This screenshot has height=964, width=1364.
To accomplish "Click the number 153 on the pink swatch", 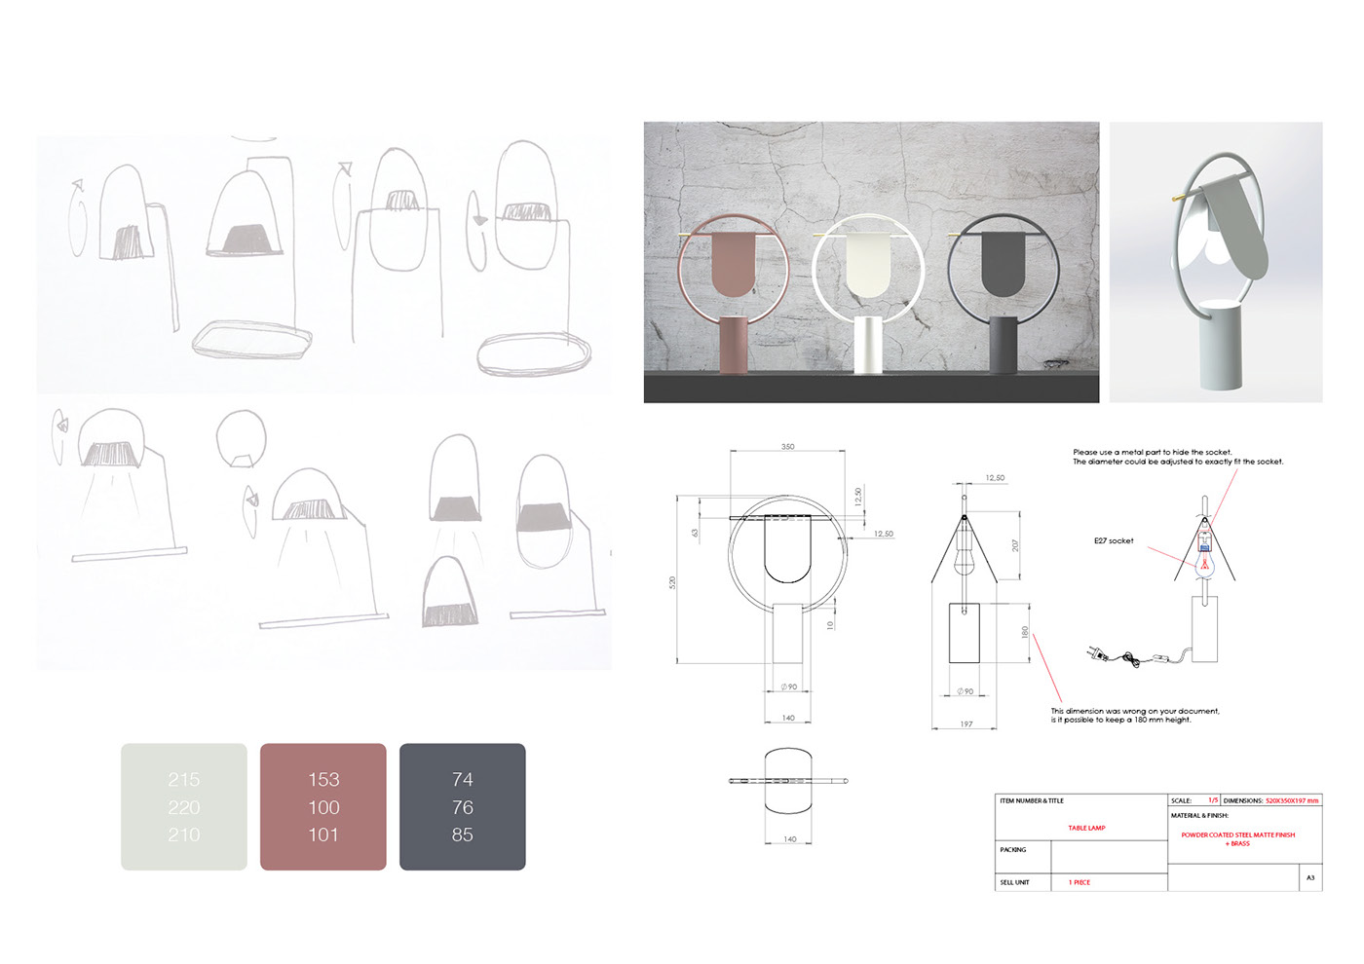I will (x=323, y=779).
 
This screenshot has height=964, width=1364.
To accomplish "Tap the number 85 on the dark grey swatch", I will (x=463, y=834).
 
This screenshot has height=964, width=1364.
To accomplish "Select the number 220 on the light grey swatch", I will (x=183, y=807).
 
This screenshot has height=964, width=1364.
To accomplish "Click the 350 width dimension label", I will (x=787, y=447).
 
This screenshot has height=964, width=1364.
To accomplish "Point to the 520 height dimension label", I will (x=672, y=582).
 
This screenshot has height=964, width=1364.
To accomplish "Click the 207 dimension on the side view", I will (x=1015, y=546).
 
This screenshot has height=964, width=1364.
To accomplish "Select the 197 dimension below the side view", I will (x=966, y=723).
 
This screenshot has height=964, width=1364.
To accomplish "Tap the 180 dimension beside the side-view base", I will (x=1024, y=632).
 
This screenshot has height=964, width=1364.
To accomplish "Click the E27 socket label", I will (x=1114, y=540).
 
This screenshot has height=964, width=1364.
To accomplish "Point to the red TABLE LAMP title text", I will (x=1086, y=828).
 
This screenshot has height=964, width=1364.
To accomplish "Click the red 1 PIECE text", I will (x=1080, y=882).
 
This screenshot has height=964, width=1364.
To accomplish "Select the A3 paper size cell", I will (x=1310, y=877).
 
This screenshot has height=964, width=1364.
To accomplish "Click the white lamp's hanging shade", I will (x=866, y=263).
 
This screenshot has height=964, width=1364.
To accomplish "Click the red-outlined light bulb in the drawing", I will (x=1204, y=565).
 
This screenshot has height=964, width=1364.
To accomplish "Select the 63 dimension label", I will (x=695, y=533).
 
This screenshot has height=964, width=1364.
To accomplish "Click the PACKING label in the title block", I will (x=1013, y=850).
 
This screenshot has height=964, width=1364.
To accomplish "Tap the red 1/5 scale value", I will (x=1213, y=800).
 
